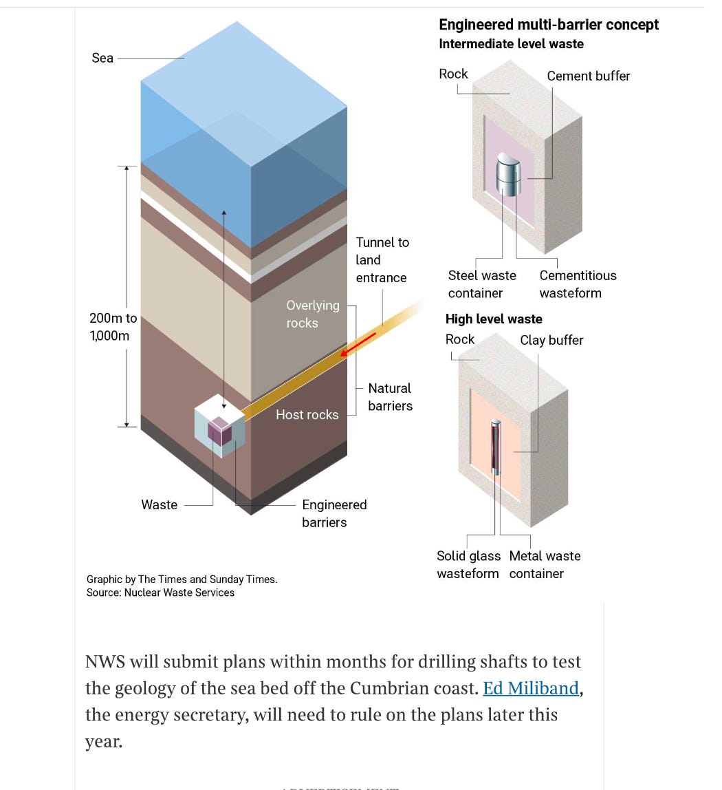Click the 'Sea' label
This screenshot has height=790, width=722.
pyautogui.click(x=102, y=58)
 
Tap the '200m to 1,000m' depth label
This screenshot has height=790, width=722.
pyautogui.click(x=113, y=327)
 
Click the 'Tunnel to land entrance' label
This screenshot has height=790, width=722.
pyautogui.click(x=382, y=260)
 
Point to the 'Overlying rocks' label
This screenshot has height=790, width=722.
pyautogui.click(x=312, y=314)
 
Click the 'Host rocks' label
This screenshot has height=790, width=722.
pyautogui.click(x=307, y=414)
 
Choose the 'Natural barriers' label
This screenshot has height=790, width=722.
pyautogui.click(x=390, y=397)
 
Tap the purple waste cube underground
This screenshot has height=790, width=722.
pyautogui.click(x=220, y=431)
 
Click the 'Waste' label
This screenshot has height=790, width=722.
pyautogui.click(x=159, y=504)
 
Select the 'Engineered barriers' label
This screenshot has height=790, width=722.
pyautogui.click(x=334, y=513)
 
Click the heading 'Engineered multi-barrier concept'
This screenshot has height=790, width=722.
pyautogui.click(x=548, y=25)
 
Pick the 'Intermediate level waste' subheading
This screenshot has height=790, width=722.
pyautogui.click(x=511, y=44)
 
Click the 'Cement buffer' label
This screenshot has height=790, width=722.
pyautogui.click(x=588, y=76)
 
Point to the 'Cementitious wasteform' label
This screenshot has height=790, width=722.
pyautogui.click(x=578, y=284)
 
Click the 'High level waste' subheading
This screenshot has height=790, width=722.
pyautogui.click(x=494, y=319)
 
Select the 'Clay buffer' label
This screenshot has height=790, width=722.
pyautogui.click(x=551, y=340)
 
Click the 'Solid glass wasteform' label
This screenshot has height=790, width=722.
pyautogui.click(x=468, y=564)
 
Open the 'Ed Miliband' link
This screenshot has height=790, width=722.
pyautogui.click(x=531, y=688)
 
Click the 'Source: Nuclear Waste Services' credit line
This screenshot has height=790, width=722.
pyautogui.click(x=160, y=592)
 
